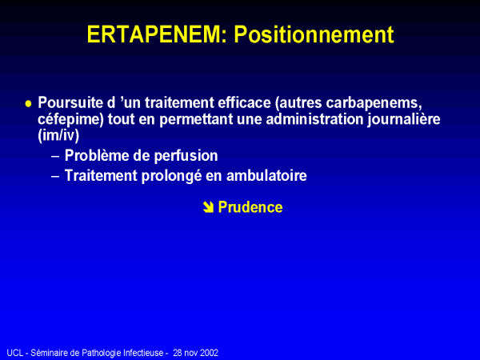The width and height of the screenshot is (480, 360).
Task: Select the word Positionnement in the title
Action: pyautogui.click(x=314, y=34)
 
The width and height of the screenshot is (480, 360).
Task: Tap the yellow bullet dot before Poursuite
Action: pyautogui.click(x=29, y=104)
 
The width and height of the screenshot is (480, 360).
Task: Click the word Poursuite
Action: pyautogui.click(x=70, y=102)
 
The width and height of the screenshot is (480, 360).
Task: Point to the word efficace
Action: pyautogui.click(x=244, y=102)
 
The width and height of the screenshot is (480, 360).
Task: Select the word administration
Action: pyautogui.click(x=314, y=118)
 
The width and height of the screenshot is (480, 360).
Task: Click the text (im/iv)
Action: pyautogui.click(x=58, y=135)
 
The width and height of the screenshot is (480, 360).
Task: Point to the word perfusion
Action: pyautogui.click(x=186, y=156)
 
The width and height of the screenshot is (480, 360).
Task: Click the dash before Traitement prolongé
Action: pyautogui.click(x=55, y=176)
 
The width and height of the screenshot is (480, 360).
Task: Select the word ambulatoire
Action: pyautogui.click(x=266, y=176)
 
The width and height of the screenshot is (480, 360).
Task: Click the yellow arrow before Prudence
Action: pyautogui.click(x=208, y=207)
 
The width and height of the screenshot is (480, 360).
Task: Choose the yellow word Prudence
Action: pyautogui.click(x=250, y=207)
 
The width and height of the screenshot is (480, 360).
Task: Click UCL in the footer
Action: pyautogui.click(x=15, y=353)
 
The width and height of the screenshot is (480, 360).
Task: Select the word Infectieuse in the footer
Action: pyautogui.click(x=143, y=353)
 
